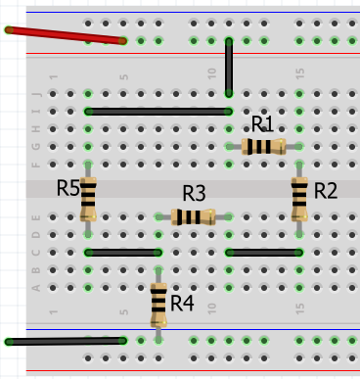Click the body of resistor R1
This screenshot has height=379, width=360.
263,147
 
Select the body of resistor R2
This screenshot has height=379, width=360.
299,199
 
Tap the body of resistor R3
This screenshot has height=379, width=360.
193,217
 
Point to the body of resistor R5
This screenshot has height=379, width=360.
88,199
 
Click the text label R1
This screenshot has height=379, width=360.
263,124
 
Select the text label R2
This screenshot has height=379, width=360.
325,190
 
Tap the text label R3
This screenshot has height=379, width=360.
194,193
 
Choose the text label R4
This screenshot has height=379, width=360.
183,304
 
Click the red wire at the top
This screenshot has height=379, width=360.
66,35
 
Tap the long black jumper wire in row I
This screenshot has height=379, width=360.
157,112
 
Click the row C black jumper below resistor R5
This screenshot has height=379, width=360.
122,253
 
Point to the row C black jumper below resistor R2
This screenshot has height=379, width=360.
263,253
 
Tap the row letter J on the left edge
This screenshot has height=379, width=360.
37,94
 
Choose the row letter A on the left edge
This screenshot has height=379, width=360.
37,288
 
